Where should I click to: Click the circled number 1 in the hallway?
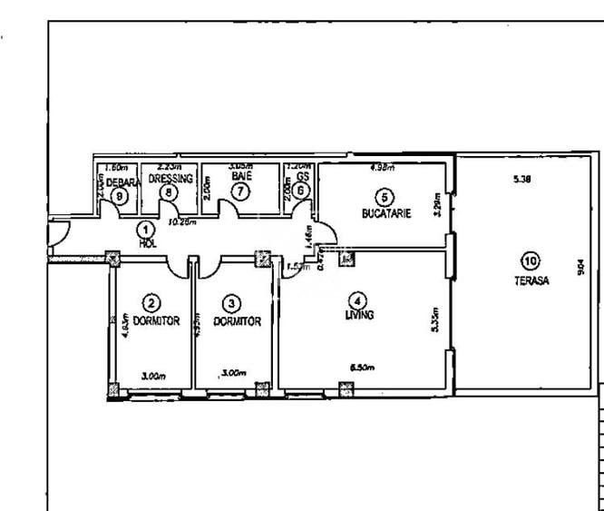click(144, 231)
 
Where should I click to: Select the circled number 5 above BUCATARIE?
click(385, 197)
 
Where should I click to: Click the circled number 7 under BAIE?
click(239, 192)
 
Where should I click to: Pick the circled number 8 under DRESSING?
click(165, 192)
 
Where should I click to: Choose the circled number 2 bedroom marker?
click(151, 305)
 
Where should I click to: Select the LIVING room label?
click(359, 315)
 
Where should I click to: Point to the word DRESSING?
click(171, 180)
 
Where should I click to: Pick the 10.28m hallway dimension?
click(185, 221)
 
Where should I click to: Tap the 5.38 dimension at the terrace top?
click(521, 180)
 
